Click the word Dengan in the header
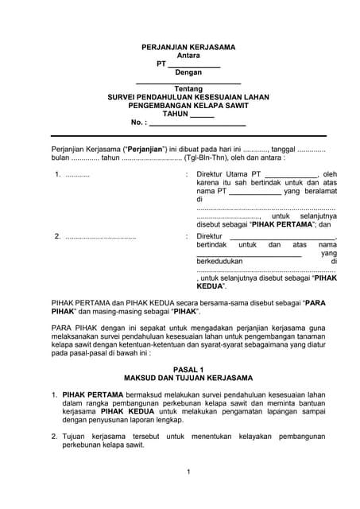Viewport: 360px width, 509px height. pos(188,72)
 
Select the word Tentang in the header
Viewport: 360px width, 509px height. pos(188,89)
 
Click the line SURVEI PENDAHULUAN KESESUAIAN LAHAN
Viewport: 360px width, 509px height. pos(188,97)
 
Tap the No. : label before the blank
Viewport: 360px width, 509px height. pos(139,122)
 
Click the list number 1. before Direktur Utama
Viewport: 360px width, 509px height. pos(57,174)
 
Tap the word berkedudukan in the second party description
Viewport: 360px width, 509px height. pos(220,261)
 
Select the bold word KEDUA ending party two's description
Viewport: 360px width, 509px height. pos(208,286)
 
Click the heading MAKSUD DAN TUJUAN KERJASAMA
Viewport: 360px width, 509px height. pos(188,378)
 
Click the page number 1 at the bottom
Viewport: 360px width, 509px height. pos(188,472)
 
